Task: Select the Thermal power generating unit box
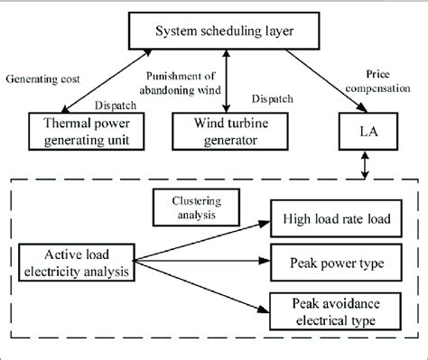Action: pos(88,130)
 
